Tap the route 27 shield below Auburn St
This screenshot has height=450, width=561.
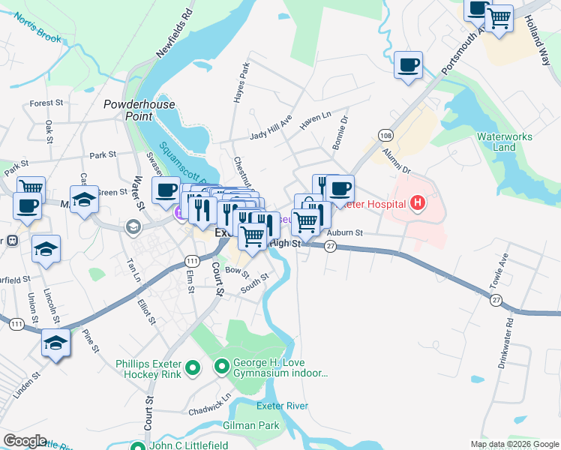pyautogui.click(x=330, y=248)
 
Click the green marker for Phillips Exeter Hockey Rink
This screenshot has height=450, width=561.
pyautogui.click(x=192, y=367)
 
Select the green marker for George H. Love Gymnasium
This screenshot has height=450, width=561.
pyautogui.click(x=221, y=367)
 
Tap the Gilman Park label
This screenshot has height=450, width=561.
pyautogui.click(x=251, y=425)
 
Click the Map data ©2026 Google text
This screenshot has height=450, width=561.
pyautogui.click(x=514, y=444)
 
